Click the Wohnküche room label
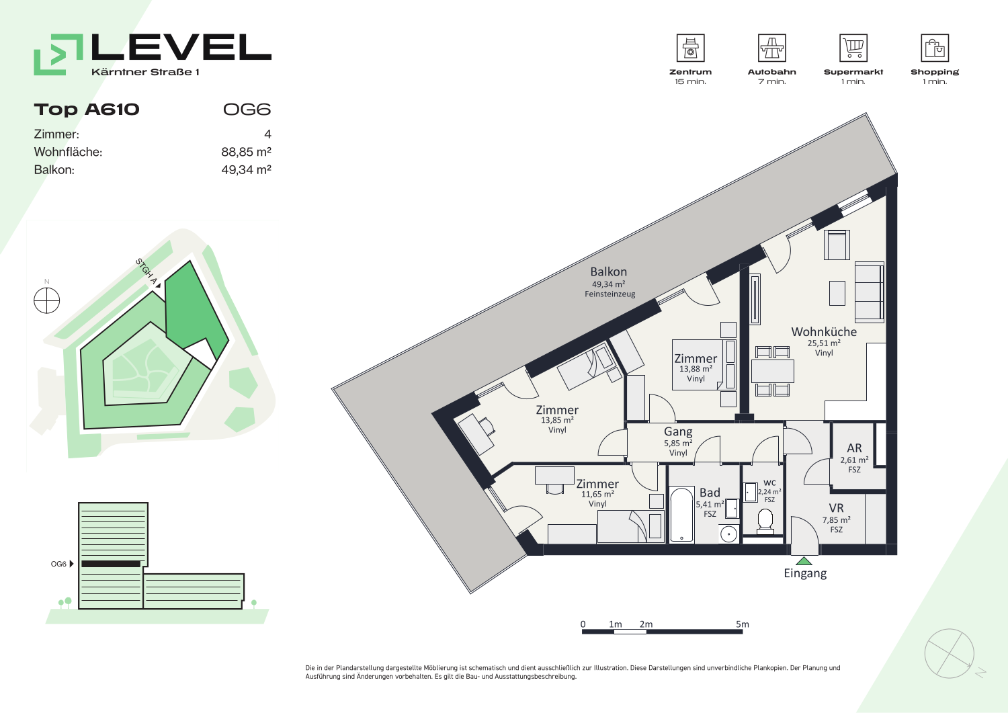824,332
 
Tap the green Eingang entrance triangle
804,561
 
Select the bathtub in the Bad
681,515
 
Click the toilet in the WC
765,521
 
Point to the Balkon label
608,272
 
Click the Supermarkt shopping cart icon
853,48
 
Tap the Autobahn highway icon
771,48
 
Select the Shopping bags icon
935,48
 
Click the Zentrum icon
690,48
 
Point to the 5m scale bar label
743,624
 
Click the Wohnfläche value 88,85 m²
246,152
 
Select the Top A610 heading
87,110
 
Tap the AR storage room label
854,448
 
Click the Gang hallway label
678,431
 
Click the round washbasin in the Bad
728,534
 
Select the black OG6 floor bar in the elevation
111,564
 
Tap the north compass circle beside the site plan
47,300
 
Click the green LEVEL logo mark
58,54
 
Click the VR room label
836,508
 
